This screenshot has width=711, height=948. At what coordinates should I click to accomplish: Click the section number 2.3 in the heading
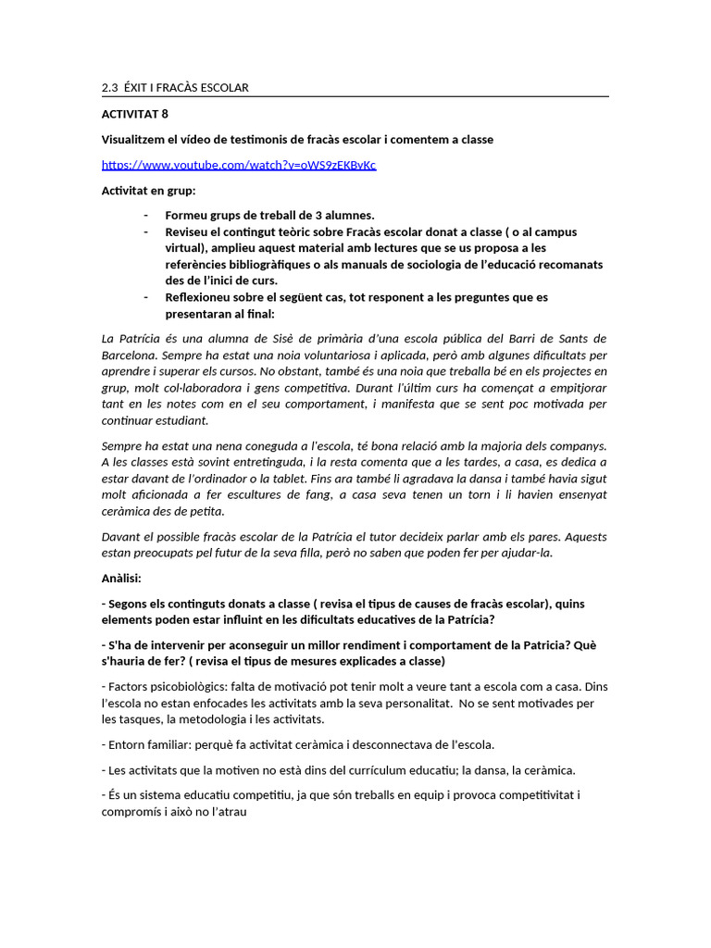coord(109,88)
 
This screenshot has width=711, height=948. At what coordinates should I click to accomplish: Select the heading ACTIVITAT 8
coord(135,114)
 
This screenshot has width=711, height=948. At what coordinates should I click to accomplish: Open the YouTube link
coord(239,165)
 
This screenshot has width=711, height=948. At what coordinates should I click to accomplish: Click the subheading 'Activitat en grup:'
coord(148,191)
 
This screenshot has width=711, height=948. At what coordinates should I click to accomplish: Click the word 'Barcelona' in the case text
coord(130,355)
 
